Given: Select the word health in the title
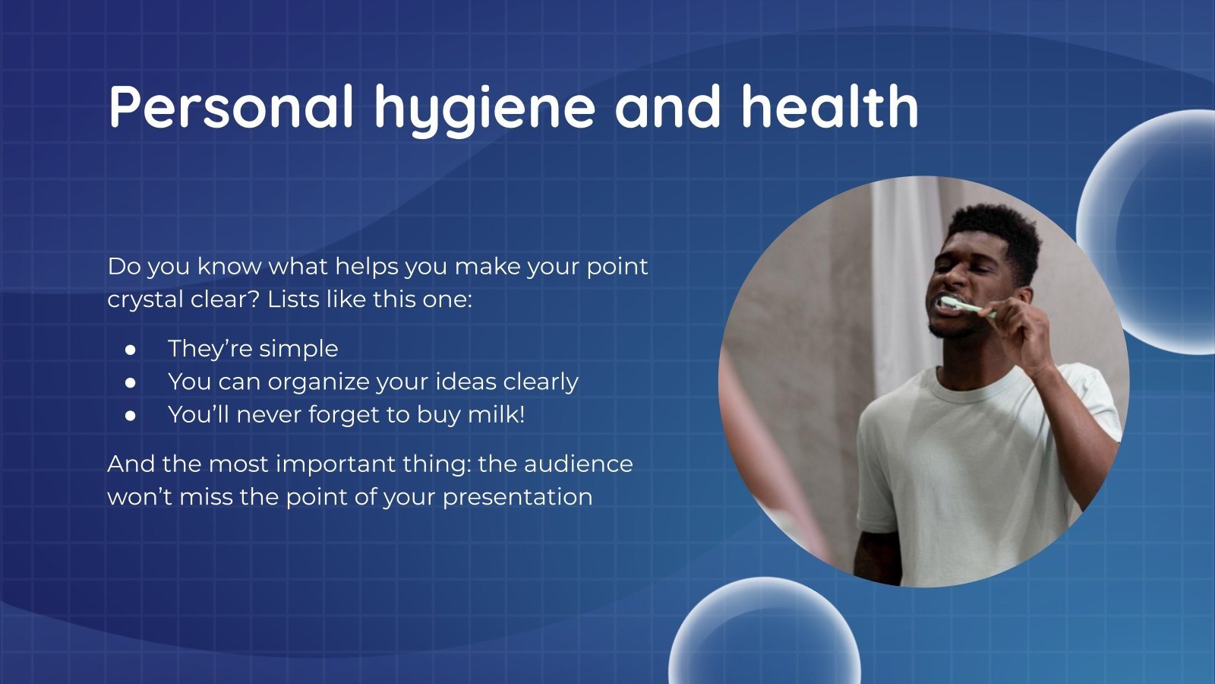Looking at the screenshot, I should [829, 106].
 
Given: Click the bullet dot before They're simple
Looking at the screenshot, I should [131, 350].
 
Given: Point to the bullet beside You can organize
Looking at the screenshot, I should [131, 382].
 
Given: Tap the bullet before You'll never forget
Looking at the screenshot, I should [131, 416].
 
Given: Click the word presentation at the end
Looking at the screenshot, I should [517, 497].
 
